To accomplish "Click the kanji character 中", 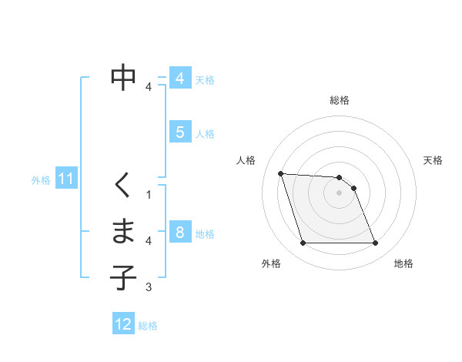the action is pyautogui.click(x=124, y=77).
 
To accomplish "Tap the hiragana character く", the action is pyautogui.click(x=123, y=185).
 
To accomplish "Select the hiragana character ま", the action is pyautogui.click(x=124, y=231).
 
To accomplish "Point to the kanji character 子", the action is pyautogui.click(x=124, y=277).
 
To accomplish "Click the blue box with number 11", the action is pyautogui.click(x=66, y=179).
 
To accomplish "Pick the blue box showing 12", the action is pyautogui.click(x=123, y=324).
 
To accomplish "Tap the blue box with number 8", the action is pyautogui.click(x=179, y=233).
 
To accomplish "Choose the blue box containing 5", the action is pyautogui.click(x=179, y=132).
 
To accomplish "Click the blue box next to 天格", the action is pyautogui.click(x=179, y=79).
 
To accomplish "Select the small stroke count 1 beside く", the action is pyautogui.click(x=149, y=194).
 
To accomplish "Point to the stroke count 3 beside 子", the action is pyautogui.click(x=149, y=288).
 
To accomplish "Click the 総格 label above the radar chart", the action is pyautogui.click(x=340, y=100).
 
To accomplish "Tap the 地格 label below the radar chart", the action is pyautogui.click(x=403, y=263).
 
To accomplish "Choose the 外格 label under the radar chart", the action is pyautogui.click(x=271, y=263).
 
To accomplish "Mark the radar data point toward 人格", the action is pyautogui.click(x=280, y=173).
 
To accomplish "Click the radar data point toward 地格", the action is pyautogui.click(x=375, y=243).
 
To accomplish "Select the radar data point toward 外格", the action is pyautogui.click(x=303, y=243).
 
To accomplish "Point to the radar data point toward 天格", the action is pyautogui.click(x=353, y=188).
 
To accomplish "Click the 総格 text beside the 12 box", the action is pyautogui.click(x=148, y=326).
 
